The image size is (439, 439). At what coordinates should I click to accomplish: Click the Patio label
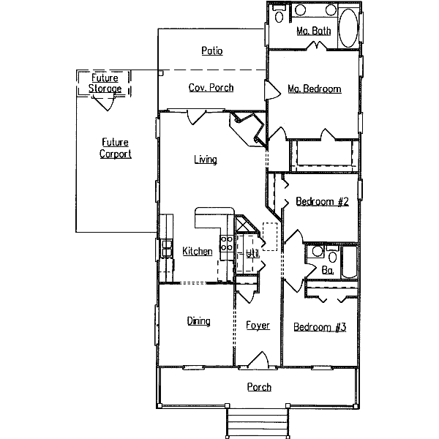click(211, 51)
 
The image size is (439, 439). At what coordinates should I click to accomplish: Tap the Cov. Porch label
click(211, 88)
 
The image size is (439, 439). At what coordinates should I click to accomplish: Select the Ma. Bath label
click(314, 31)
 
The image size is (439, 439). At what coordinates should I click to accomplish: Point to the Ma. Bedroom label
click(314, 89)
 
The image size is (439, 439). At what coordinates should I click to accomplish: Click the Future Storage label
click(105, 83)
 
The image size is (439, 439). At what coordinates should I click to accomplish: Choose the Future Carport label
click(116, 149)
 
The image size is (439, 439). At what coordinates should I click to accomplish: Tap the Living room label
click(205, 160)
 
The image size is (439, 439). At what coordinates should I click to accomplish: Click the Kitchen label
click(197, 252)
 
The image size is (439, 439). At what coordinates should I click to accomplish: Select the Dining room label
click(198, 321)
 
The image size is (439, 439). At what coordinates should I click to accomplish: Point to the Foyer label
click(258, 326)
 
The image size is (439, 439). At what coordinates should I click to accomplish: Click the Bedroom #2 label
click(321, 201)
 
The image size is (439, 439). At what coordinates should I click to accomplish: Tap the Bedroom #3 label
click(320, 327)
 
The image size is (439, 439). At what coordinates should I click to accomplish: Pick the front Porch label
click(259, 387)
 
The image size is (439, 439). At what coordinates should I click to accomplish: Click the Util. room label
click(252, 254)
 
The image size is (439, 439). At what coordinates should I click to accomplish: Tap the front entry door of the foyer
click(258, 360)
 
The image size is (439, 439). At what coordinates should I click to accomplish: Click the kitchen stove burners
click(226, 244)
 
